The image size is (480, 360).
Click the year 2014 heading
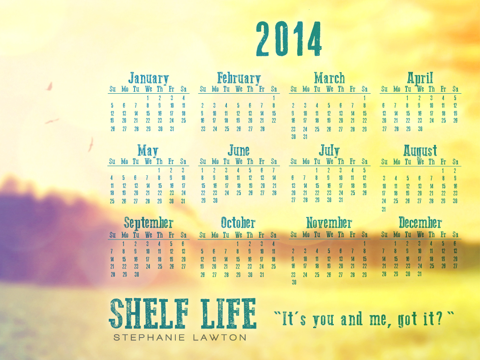tap(289, 39)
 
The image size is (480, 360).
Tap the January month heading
tap(149, 78)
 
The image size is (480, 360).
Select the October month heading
tap(238, 223)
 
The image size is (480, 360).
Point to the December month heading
tap(420, 223)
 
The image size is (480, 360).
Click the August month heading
tap(420, 150)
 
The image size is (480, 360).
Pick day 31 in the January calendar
tap(172, 129)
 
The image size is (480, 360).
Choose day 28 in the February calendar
tap(262, 129)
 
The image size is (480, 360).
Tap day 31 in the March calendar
tap(305, 137)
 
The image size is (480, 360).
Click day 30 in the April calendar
tap(420, 129)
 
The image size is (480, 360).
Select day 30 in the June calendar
tap(215, 201)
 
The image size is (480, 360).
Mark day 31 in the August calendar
tap(383, 210)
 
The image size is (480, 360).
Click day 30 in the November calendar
tap(294, 282)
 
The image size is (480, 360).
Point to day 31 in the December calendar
tap(420, 274)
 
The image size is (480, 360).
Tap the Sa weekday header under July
tap(364, 161)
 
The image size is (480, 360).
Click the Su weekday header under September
tap(112, 235)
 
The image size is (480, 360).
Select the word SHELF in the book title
tap(149, 313)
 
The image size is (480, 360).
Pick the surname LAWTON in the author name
tap(220, 337)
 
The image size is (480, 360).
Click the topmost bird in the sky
tap(49, 86)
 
